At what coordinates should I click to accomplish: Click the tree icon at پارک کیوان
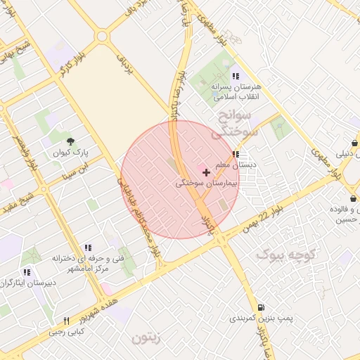[69, 141]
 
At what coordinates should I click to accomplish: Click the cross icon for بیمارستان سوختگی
[205, 172]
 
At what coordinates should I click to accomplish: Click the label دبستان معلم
[235, 164]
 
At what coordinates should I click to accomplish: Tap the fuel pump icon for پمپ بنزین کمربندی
[262, 307]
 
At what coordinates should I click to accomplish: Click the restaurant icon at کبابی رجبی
[66, 320]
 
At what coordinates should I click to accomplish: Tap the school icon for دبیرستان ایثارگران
[27, 272]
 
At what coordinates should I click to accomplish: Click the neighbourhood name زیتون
[146, 338]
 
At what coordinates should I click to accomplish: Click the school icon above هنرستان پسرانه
[235, 76]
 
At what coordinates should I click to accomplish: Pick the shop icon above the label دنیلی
[354, 141]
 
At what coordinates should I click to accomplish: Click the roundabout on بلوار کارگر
[103, 35]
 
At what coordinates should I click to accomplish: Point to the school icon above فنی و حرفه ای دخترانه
[88, 247]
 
